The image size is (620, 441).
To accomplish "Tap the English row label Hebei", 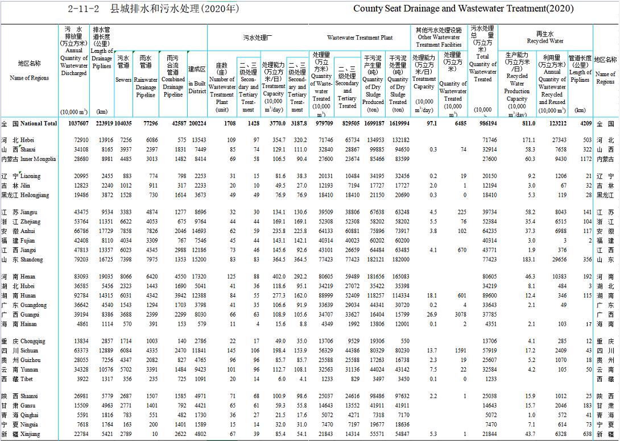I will coord(27,140).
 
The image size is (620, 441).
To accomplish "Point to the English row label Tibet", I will coord(27,378).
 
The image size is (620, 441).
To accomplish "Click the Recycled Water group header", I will coord(545,41).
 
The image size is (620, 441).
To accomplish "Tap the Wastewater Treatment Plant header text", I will coord(359,38).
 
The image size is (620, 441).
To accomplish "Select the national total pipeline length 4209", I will coord(584,123).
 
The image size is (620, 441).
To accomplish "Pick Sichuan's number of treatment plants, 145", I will coord(230,351).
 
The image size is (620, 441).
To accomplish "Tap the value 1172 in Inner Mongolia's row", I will coord(584,159).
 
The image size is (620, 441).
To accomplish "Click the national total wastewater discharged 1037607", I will coord(77,123).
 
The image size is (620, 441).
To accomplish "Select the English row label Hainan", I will coord(28,324).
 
